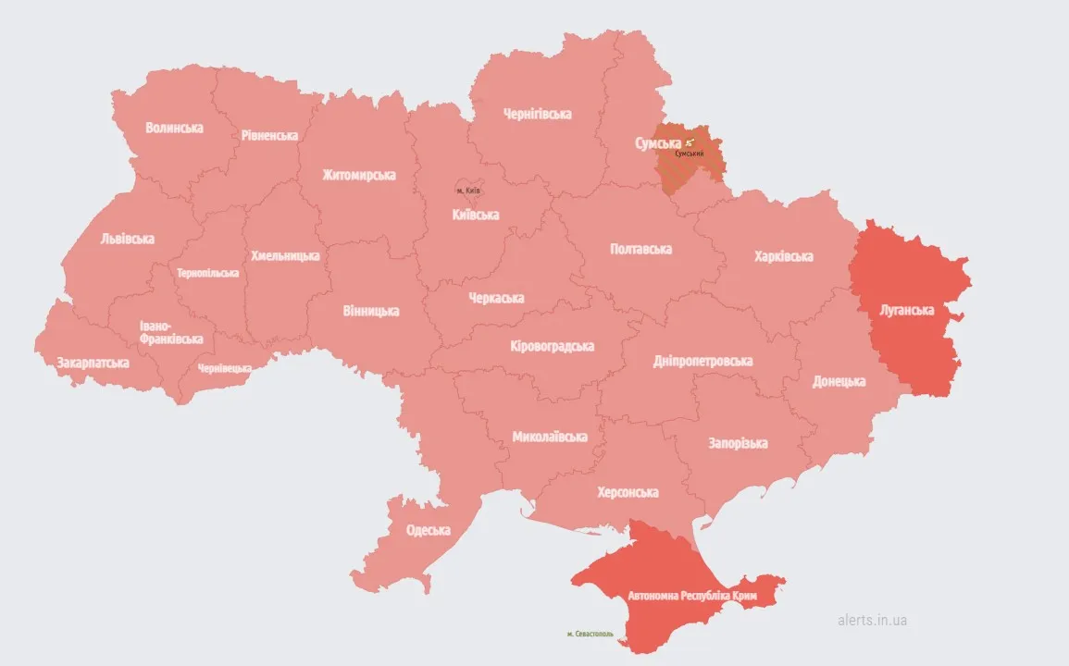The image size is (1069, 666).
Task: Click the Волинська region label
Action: coord(174,128)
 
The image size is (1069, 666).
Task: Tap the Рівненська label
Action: coord(269,135)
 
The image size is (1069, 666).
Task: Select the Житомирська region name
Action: coord(359,175)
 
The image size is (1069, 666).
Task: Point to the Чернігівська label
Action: coord(538,114)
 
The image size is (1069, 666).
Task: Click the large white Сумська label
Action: coord(658,143)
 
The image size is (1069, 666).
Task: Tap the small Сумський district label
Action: coord(690,154)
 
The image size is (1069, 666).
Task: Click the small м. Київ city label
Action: coord(468,191)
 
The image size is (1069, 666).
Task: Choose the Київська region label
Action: coord(476,215)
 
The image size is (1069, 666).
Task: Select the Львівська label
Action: coord(128,239)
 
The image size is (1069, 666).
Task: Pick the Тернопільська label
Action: coord(208,273)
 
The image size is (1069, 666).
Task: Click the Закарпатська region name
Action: coord(93,363)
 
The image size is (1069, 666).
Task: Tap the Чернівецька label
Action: coord(225,368)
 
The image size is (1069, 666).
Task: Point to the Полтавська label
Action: coord(641,249)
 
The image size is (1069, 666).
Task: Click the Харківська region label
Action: coord(784,256)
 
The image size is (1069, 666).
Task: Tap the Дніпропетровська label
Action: coord(702,361)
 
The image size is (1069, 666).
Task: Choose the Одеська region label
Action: coord(429,530)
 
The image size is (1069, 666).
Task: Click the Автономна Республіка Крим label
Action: coord(692,597)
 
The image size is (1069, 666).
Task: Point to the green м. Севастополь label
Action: coord(590,635)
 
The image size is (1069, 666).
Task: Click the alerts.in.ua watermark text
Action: coord(871,620)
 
